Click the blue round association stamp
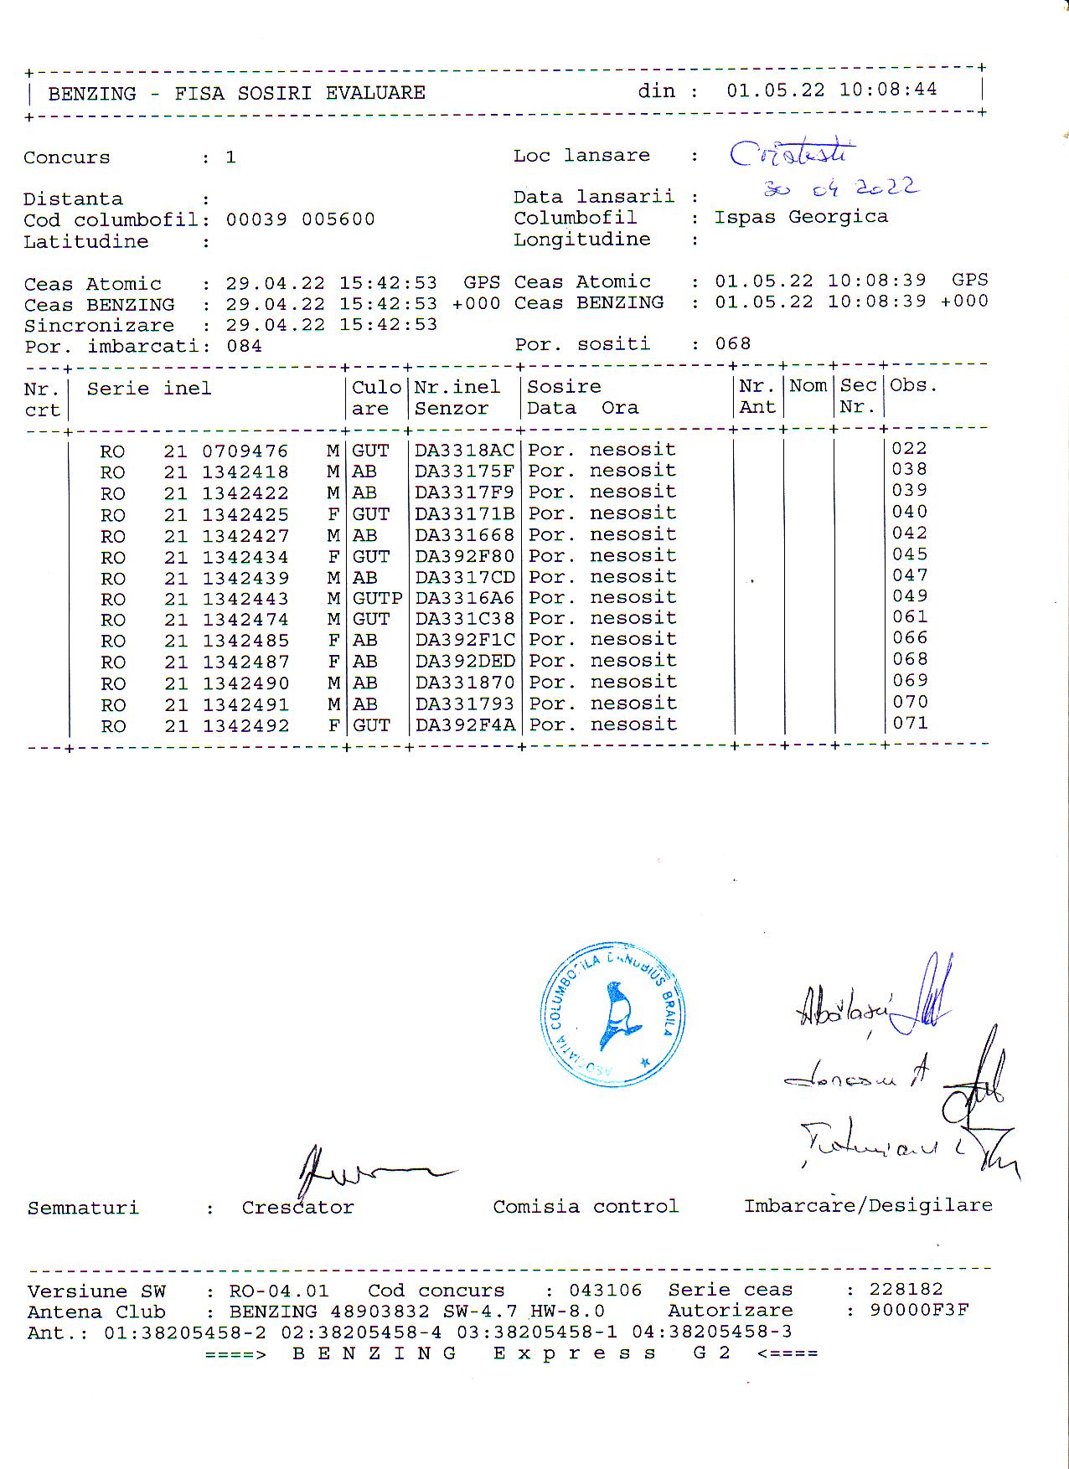612,1014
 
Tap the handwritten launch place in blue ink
792,153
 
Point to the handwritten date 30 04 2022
840,188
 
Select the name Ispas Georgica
800,217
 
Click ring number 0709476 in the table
245,451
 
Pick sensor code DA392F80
465,556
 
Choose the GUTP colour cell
377,598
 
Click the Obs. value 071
910,723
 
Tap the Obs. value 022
909,448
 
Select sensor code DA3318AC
465,451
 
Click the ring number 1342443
245,599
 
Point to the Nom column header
808,386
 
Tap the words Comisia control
585,1207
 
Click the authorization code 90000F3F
918,1310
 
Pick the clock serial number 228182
906,1289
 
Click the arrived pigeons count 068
732,343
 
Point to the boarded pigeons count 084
244,346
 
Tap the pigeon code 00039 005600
300,219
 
